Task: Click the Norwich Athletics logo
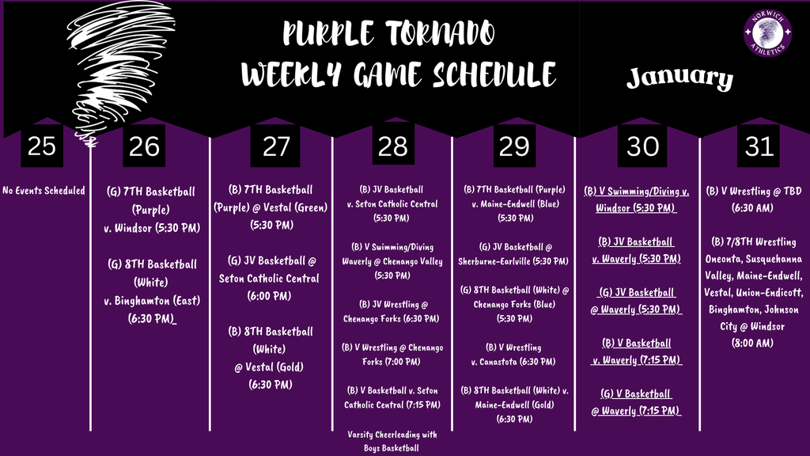pos(766,33)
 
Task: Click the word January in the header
pos(679,78)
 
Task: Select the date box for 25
pos(41,146)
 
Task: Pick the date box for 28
pos(392,146)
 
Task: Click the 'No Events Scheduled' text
pos(44,191)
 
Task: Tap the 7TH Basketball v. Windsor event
pos(150,209)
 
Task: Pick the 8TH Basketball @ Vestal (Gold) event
pos(270,357)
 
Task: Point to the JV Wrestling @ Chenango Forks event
pos(392,311)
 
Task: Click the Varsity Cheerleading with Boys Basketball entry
pos(392,440)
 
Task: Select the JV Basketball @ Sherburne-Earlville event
pos(514,253)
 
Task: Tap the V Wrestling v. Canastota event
pos(514,354)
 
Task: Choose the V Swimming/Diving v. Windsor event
pos(637,199)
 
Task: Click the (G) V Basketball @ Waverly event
pos(637,402)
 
